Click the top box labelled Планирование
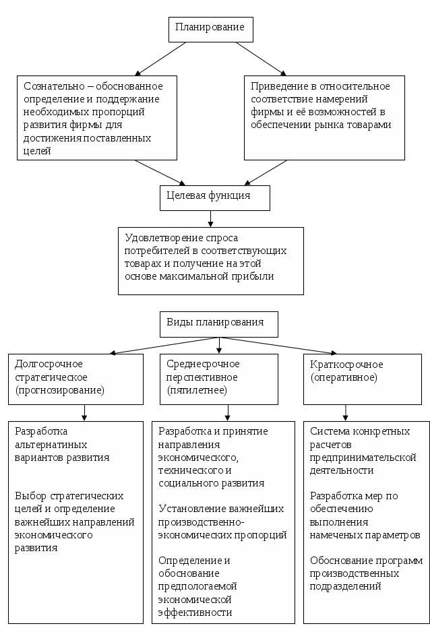(x=210, y=28)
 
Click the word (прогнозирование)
(x=59, y=390)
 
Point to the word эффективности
(x=195, y=612)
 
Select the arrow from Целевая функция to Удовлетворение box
(x=211, y=219)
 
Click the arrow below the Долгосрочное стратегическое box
(x=84, y=412)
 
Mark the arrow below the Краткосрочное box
(x=345, y=412)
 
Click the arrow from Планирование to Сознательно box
(x=162, y=59)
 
